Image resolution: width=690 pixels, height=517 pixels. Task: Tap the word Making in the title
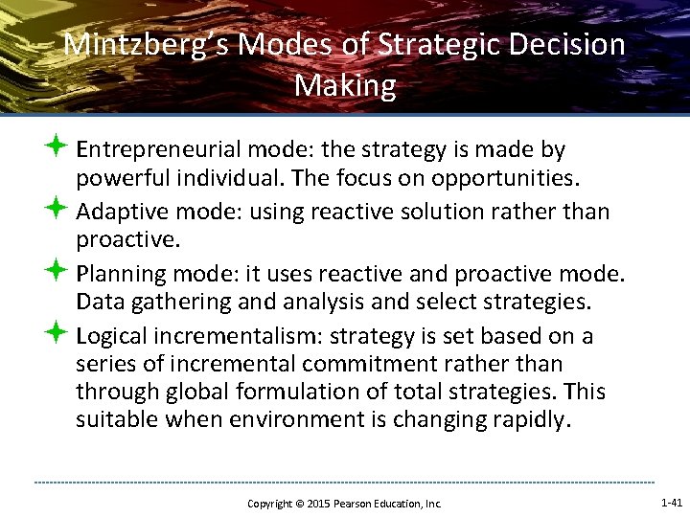point(345,86)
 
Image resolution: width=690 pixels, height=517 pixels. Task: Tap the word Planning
point(123,274)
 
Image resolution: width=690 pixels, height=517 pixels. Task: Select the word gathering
point(173,303)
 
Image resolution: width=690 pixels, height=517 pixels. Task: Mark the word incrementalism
point(237,336)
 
